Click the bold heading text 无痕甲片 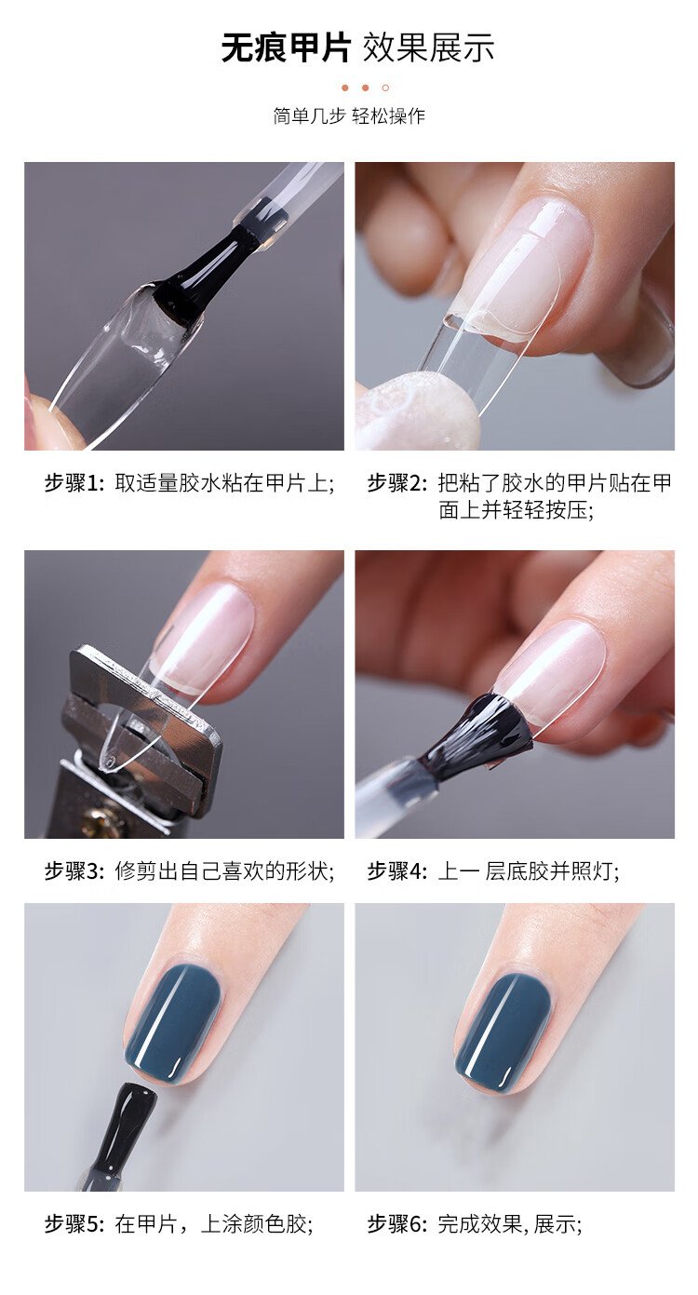[x=286, y=47]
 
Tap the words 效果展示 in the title [x=428, y=47]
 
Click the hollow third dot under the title [x=385, y=88]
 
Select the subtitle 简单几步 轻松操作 [x=349, y=116]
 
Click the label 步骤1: [x=74, y=483]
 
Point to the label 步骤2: [x=397, y=483]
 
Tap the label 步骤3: [x=74, y=870]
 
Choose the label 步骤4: [x=397, y=870]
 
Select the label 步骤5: [x=74, y=1224]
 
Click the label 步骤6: [x=397, y=1224]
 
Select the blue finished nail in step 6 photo [x=503, y=1032]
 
